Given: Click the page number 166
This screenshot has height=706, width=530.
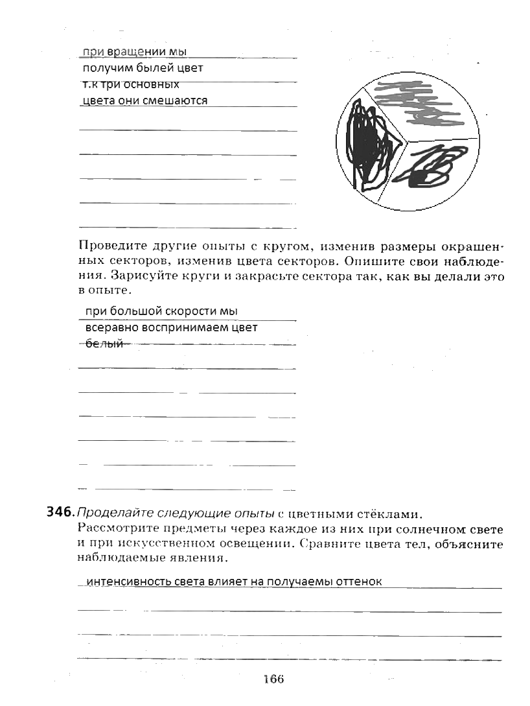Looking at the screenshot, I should coord(273,679).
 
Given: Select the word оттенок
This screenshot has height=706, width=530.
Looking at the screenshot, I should coord(359,582).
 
